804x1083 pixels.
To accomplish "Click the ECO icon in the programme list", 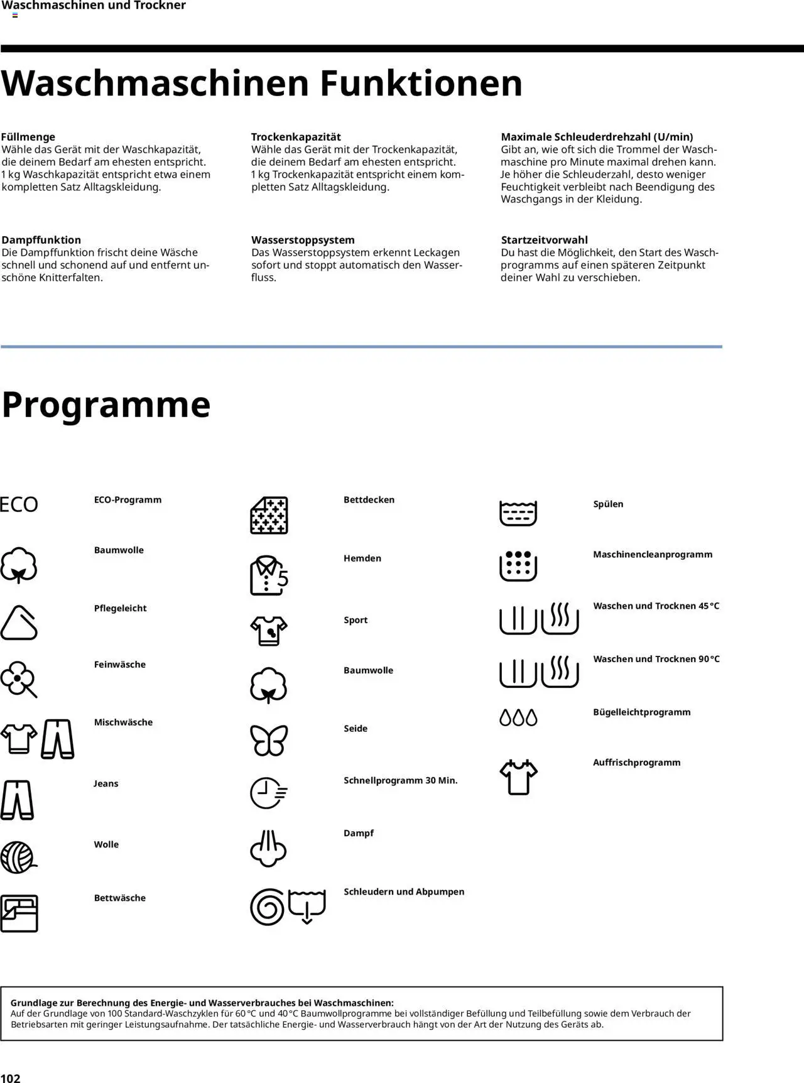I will click(x=19, y=504).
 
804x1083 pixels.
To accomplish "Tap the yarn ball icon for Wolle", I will click(x=18, y=857).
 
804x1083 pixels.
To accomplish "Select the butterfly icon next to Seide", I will click(x=269, y=740).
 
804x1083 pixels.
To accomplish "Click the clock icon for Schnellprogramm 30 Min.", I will click(x=268, y=793).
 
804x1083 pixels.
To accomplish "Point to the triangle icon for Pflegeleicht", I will click(x=19, y=623).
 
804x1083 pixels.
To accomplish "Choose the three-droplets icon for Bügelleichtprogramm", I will click(x=518, y=717).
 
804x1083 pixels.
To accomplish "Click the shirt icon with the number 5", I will click(x=269, y=575).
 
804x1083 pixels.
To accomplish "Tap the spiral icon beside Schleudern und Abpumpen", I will click(x=268, y=907).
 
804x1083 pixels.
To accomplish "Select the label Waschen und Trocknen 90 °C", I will click(x=656, y=659).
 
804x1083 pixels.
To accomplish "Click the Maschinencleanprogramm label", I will click(x=653, y=554).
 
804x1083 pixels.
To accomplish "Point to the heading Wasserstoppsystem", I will click(x=303, y=240).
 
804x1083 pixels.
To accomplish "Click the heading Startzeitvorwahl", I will click(x=544, y=240).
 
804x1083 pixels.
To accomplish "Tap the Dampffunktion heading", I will click(x=41, y=240).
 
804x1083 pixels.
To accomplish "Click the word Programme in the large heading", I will click(x=106, y=405).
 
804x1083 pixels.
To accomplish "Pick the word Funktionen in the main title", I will click(x=421, y=83).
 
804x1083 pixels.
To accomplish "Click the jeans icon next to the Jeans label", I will click(x=18, y=800).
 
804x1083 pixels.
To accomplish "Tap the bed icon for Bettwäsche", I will click(x=19, y=913).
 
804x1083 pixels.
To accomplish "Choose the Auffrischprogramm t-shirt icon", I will click(x=518, y=777).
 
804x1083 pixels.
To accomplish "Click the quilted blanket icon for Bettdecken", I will click(x=269, y=515).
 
